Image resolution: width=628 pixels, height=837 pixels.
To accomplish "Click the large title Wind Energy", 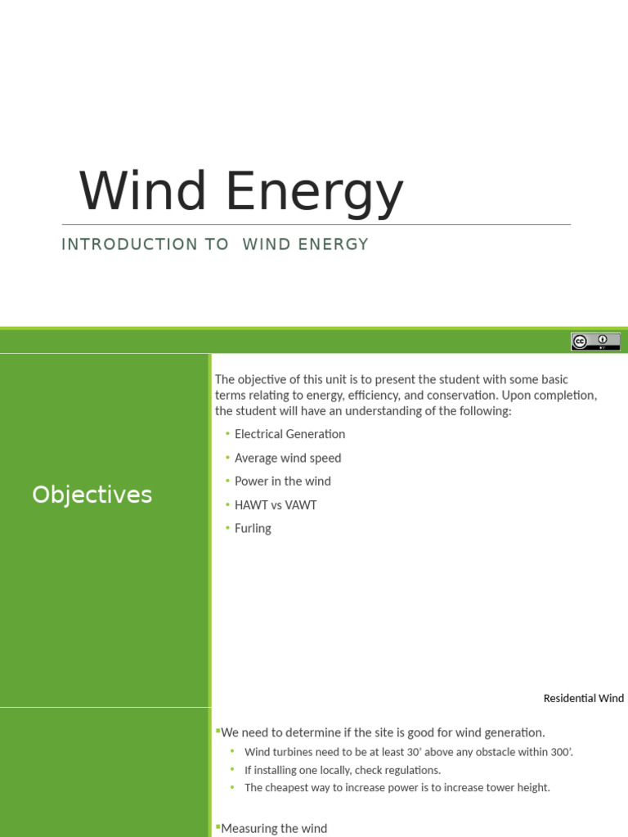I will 241,192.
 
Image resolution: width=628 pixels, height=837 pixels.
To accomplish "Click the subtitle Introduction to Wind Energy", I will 215,244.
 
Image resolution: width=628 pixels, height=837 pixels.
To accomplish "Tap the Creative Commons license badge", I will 595,342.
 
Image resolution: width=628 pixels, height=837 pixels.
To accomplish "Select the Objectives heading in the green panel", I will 92,495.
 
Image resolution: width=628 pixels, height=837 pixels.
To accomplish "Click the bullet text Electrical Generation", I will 289,434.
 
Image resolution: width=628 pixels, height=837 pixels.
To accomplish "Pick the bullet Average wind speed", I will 288,458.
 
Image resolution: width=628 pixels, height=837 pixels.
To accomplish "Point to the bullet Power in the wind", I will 282,481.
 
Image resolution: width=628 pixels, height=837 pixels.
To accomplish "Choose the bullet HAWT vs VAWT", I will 276,505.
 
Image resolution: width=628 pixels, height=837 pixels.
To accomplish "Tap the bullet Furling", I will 253,529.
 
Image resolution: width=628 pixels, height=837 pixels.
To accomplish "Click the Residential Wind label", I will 583,698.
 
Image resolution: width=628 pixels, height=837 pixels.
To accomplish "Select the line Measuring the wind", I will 274,828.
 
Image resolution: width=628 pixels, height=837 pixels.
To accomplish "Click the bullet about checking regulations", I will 342,770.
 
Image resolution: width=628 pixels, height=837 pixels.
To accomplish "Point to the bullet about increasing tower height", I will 397,787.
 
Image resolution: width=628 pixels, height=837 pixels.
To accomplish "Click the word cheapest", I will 289,787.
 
